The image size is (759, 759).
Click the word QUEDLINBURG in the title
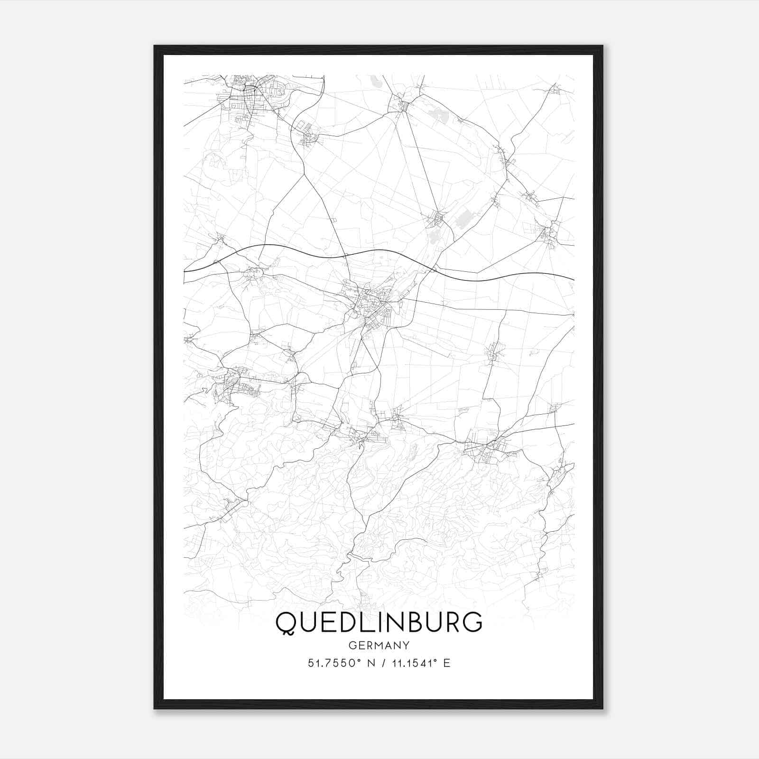[x=379, y=622]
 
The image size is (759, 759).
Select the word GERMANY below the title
[x=379, y=645]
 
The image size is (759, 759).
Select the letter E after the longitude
[x=446, y=663]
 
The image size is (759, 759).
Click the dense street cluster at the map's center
[x=372, y=304]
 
